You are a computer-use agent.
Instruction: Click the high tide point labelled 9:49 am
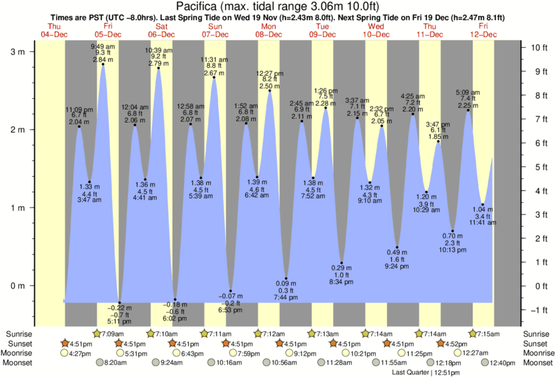pos(103,65)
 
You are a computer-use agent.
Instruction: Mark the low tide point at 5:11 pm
pos(119,302)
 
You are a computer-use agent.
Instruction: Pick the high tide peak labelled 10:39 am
pos(158,68)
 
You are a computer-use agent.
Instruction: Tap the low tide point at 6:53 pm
pos(231,291)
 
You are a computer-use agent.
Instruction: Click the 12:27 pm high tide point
pos(270,90)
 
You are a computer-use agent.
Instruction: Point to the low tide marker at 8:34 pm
pos(341,263)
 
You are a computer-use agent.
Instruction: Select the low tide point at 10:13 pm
pos(452,231)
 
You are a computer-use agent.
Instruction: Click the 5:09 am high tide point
pos(468,110)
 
